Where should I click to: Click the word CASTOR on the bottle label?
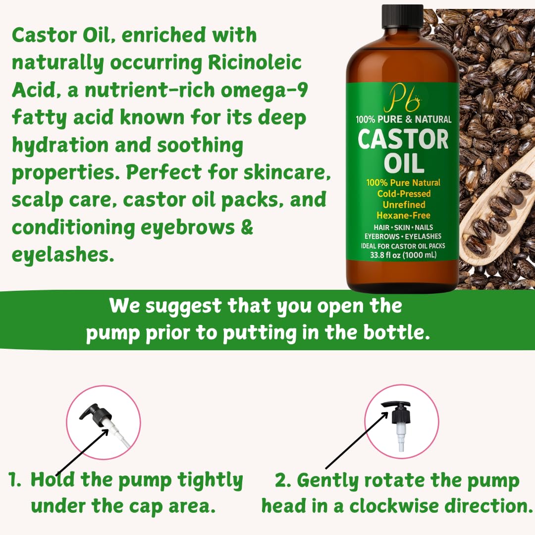click(403, 140)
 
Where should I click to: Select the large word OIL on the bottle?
click(404, 163)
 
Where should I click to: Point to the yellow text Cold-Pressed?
click(404, 194)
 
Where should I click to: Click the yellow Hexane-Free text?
click(403, 215)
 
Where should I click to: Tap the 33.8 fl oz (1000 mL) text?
click(403, 255)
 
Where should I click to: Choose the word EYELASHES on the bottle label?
click(423, 236)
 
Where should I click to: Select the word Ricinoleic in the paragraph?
click(255, 62)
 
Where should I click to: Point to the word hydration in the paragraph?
click(60, 145)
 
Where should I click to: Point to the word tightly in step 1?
click(210, 481)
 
